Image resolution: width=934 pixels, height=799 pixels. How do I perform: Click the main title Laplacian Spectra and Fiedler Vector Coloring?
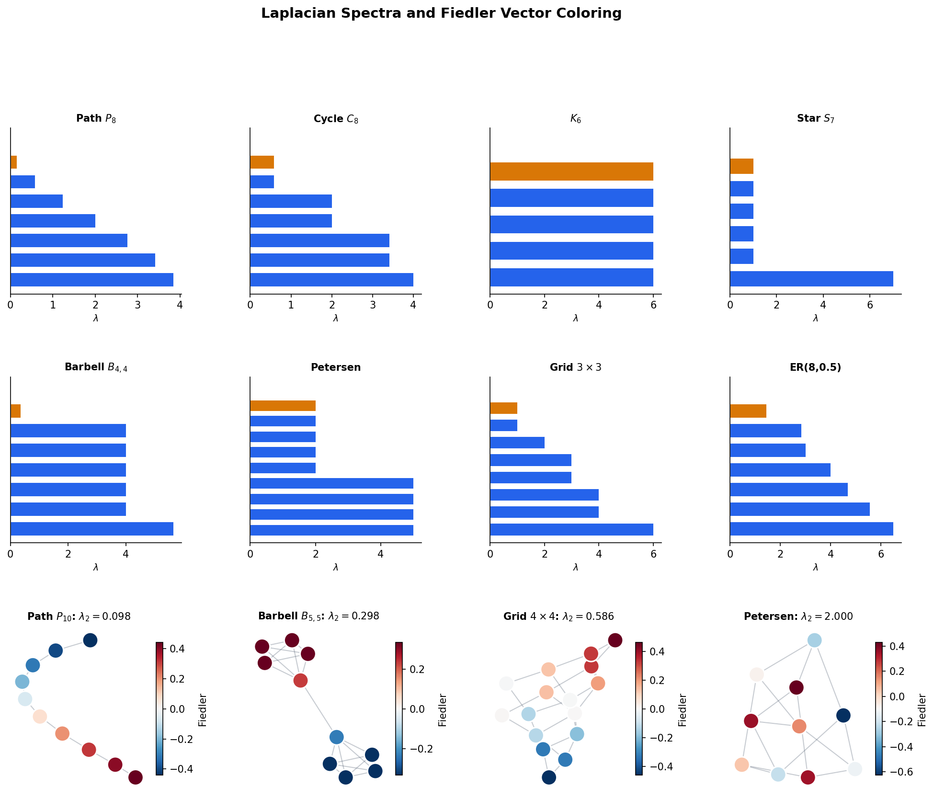coord(441,13)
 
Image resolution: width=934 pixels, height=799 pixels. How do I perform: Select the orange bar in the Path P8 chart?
coord(13,162)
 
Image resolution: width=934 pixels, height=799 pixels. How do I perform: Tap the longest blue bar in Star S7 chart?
coord(811,279)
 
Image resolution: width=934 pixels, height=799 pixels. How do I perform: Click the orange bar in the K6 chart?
coord(571,171)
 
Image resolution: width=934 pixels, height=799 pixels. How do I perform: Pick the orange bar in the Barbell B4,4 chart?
coord(15,411)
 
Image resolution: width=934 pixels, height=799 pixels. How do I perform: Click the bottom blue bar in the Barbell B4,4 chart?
coord(91,529)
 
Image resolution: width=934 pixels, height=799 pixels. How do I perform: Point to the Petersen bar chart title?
coord(335,367)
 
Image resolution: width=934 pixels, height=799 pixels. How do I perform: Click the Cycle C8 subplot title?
coord(335,119)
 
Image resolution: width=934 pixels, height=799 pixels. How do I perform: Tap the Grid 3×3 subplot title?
coord(575,367)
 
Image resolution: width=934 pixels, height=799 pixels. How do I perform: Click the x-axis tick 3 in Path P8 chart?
coord(137,305)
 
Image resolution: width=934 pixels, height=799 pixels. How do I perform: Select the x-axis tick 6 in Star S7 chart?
coord(869,305)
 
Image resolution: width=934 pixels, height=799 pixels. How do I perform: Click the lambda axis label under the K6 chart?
coord(575,319)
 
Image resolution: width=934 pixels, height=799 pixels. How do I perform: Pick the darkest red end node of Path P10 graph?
coord(136,777)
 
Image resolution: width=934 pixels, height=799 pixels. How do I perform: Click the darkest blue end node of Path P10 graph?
coord(90,640)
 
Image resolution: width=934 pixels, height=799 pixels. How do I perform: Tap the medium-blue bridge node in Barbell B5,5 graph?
coord(336,736)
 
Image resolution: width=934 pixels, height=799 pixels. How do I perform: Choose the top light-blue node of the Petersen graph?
coord(814,640)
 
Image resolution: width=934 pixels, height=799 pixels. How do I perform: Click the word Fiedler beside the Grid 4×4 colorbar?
coord(683,709)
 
